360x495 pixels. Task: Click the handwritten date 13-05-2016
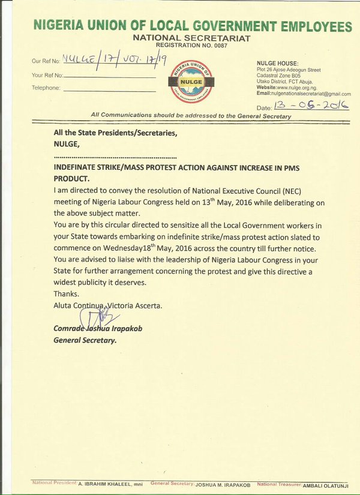point(311,106)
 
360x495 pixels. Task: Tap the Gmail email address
point(311,94)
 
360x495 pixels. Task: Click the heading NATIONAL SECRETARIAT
point(193,38)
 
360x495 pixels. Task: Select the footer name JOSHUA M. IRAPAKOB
point(223,484)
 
